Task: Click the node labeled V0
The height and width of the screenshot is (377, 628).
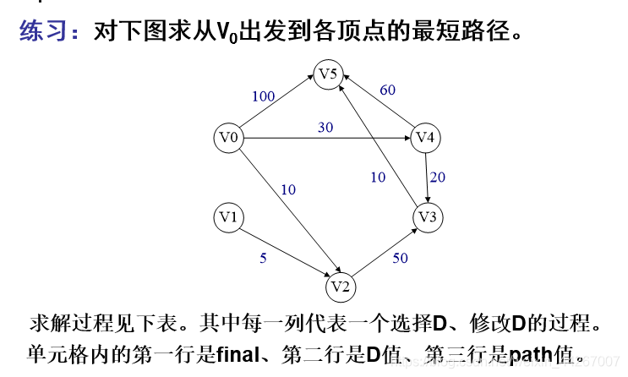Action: click(x=228, y=138)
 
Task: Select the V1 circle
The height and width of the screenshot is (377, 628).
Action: click(x=228, y=218)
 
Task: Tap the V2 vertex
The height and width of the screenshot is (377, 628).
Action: click(x=341, y=287)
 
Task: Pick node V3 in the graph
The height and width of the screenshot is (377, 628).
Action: click(x=428, y=218)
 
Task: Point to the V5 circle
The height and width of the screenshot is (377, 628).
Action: click(x=330, y=74)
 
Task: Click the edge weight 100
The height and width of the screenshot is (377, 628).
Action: click(x=264, y=96)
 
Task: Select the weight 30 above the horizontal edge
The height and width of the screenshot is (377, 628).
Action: click(x=325, y=127)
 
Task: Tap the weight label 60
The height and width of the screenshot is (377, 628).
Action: click(x=387, y=90)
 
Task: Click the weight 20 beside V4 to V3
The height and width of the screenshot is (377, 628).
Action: click(x=438, y=178)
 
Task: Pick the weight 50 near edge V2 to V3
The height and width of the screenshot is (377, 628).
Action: click(x=400, y=259)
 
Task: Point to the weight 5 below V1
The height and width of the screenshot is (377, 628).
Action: click(x=263, y=259)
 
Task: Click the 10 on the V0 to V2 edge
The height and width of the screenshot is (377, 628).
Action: click(x=288, y=189)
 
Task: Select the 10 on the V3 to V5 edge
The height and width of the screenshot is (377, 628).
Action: click(x=378, y=178)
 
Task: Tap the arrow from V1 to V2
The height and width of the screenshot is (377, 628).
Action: click(x=283, y=252)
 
